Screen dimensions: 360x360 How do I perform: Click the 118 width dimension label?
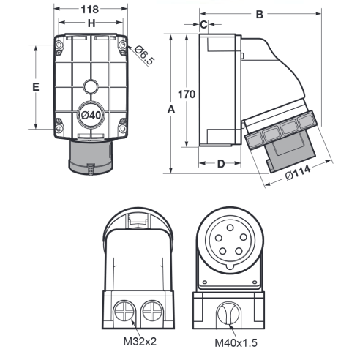[x=90, y=10]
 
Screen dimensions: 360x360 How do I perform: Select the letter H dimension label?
[x=91, y=23]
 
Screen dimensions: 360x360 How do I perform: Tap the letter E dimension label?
[x=36, y=87]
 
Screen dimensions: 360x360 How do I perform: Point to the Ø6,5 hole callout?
[x=144, y=55]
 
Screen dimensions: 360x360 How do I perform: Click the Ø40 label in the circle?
[x=91, y=115]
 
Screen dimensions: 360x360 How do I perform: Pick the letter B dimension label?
[x=260, y=15]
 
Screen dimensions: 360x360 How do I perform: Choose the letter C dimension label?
[x=203, y=24]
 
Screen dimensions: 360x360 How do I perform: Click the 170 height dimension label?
[x=187, y=94]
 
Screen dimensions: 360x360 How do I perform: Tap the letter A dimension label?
[x=171, y=109]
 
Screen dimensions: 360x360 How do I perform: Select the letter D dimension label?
[x=221, y=164]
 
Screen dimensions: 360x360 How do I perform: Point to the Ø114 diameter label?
[x=298, y=172]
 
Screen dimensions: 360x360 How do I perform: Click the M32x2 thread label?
[x=140, y=341]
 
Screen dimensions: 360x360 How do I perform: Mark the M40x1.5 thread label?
[x=236, y=342]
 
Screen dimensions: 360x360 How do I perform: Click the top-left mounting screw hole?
[x=59, y=45]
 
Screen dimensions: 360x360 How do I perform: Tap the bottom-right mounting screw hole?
[x=122, y=128]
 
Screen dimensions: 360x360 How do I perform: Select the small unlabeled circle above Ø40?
[x=91, y=86]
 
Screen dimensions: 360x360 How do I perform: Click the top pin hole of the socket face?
[x=230, y=228]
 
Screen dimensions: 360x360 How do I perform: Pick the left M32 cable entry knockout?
[x=124, y=311]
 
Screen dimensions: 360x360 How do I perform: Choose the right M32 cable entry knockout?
[x=152, y=311]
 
